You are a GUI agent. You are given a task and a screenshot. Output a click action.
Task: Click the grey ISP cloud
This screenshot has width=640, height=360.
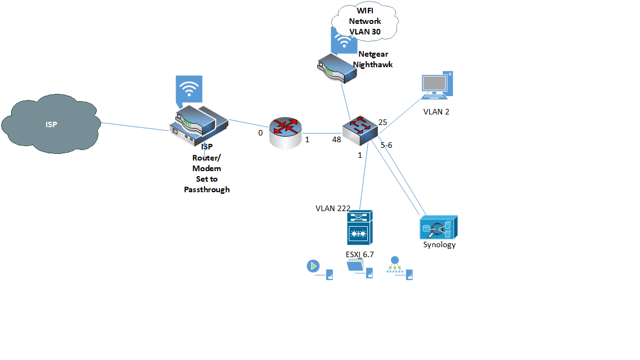click(x=51, y=124)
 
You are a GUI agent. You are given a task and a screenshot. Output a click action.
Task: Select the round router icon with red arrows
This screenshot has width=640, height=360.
click(x=286, y=133)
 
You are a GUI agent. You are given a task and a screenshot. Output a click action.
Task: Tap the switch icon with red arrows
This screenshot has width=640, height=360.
click(x=360, y=130)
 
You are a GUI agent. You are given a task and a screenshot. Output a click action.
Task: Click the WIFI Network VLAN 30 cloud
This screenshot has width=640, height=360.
click(x=364, y=21)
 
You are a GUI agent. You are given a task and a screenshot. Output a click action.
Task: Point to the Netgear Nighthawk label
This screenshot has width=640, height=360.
click(x=373, y=59)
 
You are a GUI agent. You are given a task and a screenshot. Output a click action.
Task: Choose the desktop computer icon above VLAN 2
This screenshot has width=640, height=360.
click(x=437, y=86)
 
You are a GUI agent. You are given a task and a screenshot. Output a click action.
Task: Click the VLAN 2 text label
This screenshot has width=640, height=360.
click(x=436, y=112)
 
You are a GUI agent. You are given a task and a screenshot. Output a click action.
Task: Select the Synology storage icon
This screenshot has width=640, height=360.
click(x=439, y=227)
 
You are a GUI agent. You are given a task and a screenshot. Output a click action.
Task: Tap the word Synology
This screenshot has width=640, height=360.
click(x=439, y=244)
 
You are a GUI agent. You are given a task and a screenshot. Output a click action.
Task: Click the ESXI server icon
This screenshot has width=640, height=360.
click(x=359, y=228)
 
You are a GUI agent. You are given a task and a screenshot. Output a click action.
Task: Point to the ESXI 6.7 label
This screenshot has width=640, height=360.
click(x=359, y=254)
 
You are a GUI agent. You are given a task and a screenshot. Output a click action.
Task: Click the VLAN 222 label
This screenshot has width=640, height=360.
click(x=333, y=208)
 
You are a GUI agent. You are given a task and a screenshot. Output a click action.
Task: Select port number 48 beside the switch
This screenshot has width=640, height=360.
click(x=336, y=139)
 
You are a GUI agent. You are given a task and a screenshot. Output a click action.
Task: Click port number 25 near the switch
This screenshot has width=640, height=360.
click(x=382, y=122)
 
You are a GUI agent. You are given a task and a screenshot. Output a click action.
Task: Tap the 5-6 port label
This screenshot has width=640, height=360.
click(x=386, y=145)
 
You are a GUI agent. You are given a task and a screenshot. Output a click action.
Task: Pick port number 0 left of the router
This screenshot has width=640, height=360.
click(x=261, y=133)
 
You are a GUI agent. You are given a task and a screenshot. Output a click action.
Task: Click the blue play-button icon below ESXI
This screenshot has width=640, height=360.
click(x=313, y=266)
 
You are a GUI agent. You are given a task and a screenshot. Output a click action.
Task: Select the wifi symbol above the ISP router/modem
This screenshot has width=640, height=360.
click(x=189, y=89)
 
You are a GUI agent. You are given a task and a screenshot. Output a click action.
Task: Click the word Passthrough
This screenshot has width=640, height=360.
click(x=207, y=189)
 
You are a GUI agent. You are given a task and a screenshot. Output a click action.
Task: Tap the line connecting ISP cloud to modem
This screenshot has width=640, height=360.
click(x=135, y=127)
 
